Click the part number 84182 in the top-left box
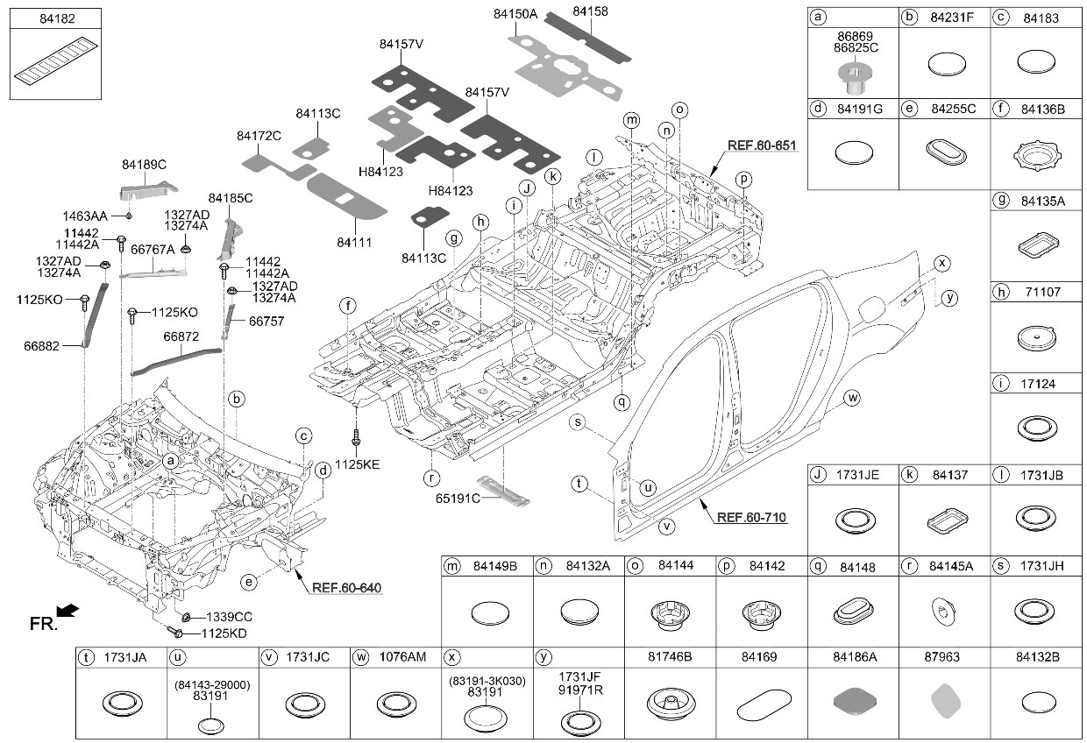[x=57, y=19]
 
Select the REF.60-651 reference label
[x=762, y=145]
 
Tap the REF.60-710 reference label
[x=751, y=518]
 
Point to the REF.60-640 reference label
[x=346, y=588]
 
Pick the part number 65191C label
[x=458, y=498]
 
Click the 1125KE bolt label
[x=357, y=464]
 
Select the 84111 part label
[x=354, y=242]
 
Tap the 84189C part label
[x=144, y=165]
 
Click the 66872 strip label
[x=181, y=336]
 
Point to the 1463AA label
[x=85, y=216]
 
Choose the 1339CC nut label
[x=229, y=617]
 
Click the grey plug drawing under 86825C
[x=855, y=78]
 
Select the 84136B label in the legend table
[x=1043, y=110]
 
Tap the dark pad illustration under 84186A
[x=855, y=701]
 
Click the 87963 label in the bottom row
[x=941, y=656]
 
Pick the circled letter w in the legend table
[x=360, y=657]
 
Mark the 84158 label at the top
[x=590, y=11]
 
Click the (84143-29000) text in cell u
[x=212, y=685]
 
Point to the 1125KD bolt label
[x=224, y=633]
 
